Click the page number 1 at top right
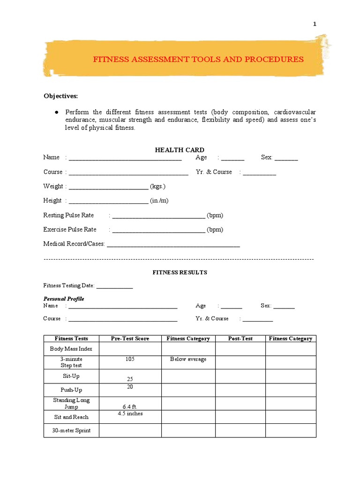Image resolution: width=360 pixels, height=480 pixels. point(315,24)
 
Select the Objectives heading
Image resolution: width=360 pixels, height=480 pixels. point(60,96)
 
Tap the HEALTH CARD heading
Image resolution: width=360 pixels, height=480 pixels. point(180,150)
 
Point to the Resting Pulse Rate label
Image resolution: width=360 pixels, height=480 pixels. point(68,215)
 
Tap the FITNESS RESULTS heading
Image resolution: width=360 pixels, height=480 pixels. point(180,272)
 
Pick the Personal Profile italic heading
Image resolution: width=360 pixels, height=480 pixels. point(64,299)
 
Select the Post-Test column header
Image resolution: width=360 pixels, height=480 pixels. point(240,338)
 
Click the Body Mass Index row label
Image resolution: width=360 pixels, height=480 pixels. point(71,349)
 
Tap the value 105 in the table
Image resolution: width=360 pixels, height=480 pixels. point(130,359)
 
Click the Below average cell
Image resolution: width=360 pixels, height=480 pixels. point(188,359)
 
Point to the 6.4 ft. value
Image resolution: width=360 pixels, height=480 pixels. point(130,406)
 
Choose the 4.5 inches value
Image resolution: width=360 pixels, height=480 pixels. point(130,413)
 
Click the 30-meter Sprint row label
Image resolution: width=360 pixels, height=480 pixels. point(71,430)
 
